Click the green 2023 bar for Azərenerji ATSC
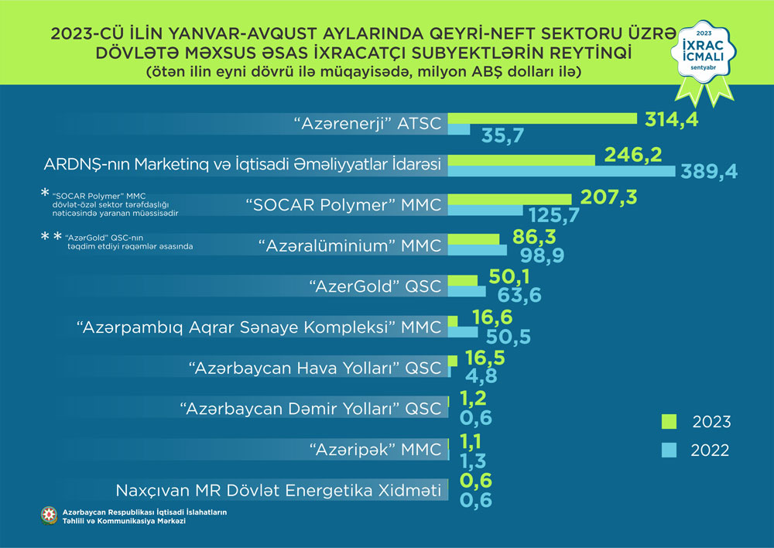tap(542, 118)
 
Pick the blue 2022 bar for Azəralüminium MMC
tap(478, 251)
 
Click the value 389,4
tap(708, 171)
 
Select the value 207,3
tap(608, 198)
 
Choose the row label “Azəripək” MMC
tap(375, 449)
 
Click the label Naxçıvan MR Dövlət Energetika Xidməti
tap(279, 490)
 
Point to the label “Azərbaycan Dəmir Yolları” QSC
tap(310, 408)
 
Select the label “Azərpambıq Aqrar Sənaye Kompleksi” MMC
tap(260, 327)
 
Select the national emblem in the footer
tap(49, 517)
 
